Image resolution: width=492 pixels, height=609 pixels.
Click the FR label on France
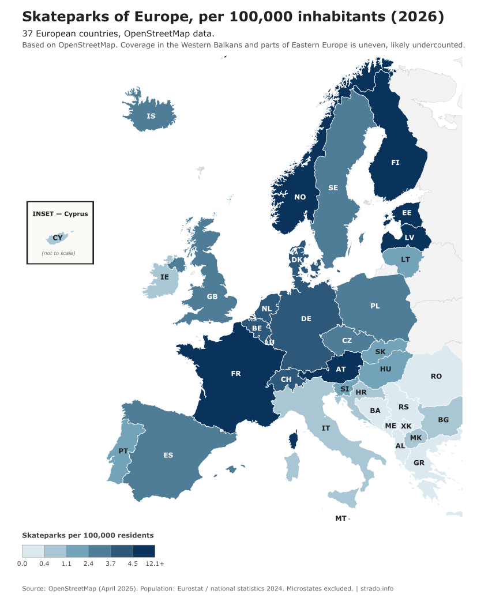[x=235, y=374]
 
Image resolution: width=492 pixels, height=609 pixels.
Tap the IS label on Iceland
[x=151, y=116]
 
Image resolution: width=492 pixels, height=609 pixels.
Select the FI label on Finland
[x=395, y=163]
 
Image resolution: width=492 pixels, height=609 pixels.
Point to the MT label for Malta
[x=341, y=518]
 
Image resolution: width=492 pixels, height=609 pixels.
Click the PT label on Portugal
[x=123, y=450]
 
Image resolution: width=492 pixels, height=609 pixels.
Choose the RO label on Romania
[x=436, y=376]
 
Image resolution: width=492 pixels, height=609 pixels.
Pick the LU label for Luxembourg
[x=269, y=343]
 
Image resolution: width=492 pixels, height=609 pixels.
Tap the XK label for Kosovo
[x=406, y=426]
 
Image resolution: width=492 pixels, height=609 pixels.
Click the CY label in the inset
[x=58, y=238]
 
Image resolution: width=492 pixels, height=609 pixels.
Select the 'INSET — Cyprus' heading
[x=60, y=214]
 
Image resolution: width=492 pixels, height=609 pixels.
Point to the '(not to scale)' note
[x=58, y=253]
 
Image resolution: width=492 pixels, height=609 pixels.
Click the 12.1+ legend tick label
[x=155, y=563]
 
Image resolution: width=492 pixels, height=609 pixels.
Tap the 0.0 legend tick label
[x=22, y=563]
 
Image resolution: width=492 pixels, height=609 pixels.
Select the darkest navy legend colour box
[x=144, y=551]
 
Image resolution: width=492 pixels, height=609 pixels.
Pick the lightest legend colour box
[x=33, y=551]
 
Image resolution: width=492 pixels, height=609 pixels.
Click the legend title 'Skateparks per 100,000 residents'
[x=88, y=535]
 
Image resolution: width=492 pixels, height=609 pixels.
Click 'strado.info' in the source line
[x=377, y=588]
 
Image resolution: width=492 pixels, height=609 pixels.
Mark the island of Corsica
[x=293, y=438]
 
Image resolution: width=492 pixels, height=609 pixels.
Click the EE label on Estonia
[x=407, y=213]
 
